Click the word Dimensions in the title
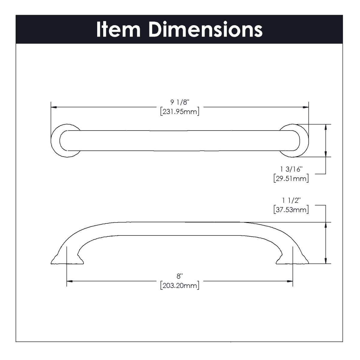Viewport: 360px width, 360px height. [x=205, y=29]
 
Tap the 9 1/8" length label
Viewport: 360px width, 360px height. [x=180, y=103]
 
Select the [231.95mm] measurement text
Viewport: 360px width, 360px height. [x=180, y=112]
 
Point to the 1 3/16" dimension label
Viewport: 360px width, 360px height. [x=291, y=170]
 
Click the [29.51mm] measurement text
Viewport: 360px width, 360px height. [x=291, y=179]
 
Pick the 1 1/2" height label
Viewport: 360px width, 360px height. [x=291, y=200]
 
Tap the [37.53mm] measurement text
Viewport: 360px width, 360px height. [x=291, y=209]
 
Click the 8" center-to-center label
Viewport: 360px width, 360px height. [x=180, y=276]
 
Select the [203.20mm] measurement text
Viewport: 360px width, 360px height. [x=180, y=285]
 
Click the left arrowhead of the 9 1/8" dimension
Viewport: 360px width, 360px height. [x=54, y=107]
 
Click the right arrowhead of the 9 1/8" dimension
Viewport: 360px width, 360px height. [x=306, y=107]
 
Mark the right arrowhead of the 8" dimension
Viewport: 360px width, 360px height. [x=290, y=281]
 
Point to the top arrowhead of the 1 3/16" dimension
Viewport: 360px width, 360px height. [x=326, y=127]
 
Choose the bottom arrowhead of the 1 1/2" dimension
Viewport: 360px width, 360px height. [x=326, y=261]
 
